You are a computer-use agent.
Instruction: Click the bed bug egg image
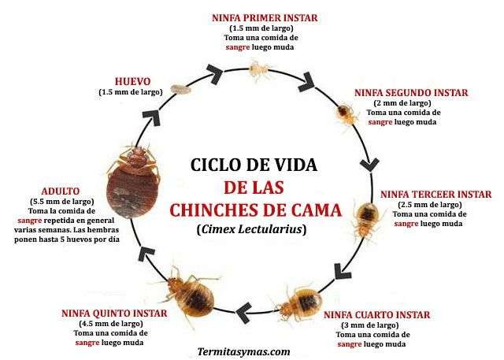point(180,89)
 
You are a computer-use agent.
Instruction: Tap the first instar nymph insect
point(259,70)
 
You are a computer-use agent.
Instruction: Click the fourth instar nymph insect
point(299,303)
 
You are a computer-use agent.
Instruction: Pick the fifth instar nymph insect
point(189,295)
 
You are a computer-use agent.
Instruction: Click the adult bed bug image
point(133,181)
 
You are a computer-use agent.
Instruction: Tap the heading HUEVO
point(133,82)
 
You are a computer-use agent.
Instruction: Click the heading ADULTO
point(61,191)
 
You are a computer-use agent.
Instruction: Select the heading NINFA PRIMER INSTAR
point(265,17)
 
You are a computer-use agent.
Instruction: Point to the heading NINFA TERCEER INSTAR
point(436,195)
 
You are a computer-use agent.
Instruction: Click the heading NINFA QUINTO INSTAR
point(114,314)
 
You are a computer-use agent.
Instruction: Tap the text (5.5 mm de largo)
point(62,202)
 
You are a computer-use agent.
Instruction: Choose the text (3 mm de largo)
point(369,325)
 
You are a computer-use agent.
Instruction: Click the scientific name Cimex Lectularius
point(252,229)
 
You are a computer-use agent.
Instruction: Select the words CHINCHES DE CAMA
point(255,210)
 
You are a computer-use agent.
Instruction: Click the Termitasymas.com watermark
point(243,352)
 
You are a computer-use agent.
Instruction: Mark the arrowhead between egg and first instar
point(215,72)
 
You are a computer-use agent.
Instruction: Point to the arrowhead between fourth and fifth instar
point(245,312)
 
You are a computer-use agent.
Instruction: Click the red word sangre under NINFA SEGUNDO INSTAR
point(380,122)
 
